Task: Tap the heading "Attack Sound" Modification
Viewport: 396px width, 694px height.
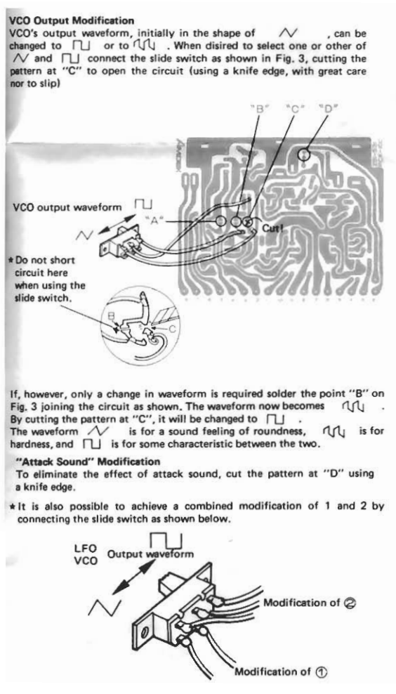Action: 88,461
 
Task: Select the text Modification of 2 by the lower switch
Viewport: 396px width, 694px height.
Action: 310,603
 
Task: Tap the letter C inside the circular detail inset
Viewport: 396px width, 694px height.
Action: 173,328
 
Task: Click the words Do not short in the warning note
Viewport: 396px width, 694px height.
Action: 41,260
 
